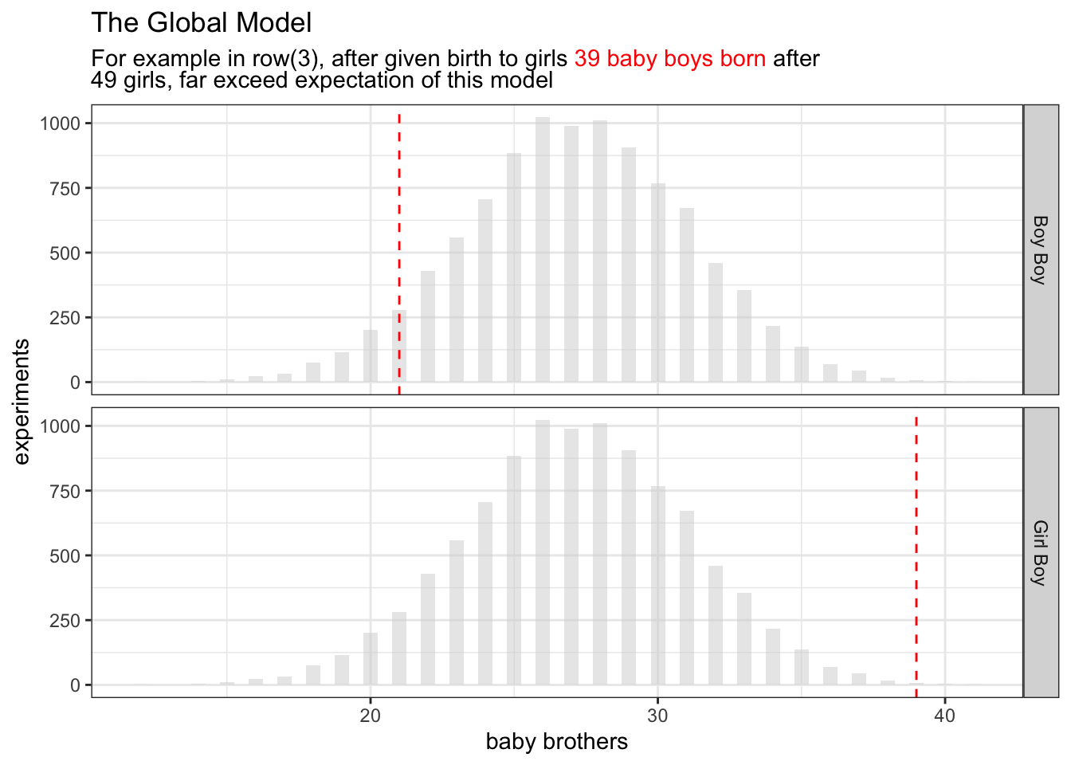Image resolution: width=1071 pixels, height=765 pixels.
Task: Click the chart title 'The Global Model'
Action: tap(201, 23)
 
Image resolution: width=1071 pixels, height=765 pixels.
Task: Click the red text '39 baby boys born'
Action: tap(669, 59)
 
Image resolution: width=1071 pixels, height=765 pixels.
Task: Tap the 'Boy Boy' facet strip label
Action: tap(1040, 249)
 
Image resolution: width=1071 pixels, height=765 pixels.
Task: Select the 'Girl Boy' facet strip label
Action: tap(1040, 552)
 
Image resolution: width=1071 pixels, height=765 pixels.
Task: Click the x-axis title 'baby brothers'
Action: tap(556, 742)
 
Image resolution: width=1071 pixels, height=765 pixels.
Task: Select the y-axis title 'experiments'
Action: tap(22, 401)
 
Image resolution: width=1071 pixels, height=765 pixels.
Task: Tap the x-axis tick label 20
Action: tap(371, 716)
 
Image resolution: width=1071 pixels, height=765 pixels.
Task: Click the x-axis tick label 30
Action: tap(657, 716)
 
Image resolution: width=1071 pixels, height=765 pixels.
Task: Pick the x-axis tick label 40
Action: tap(944, 716)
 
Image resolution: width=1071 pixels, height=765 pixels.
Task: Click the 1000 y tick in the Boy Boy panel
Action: tap(61, 124)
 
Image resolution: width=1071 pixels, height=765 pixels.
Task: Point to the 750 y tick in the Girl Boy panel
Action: tap(65, 492)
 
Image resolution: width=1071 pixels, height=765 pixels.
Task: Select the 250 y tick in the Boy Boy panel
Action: tap(65, 318)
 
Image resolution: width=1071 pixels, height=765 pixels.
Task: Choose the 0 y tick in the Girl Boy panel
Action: tap(75, 685)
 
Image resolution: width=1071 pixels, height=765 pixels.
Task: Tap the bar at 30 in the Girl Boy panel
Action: tap(657, 586)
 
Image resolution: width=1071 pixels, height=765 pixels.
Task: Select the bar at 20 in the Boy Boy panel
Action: tap(371, 356)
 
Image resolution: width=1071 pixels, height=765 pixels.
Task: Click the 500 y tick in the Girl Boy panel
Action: tap(65, 556)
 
